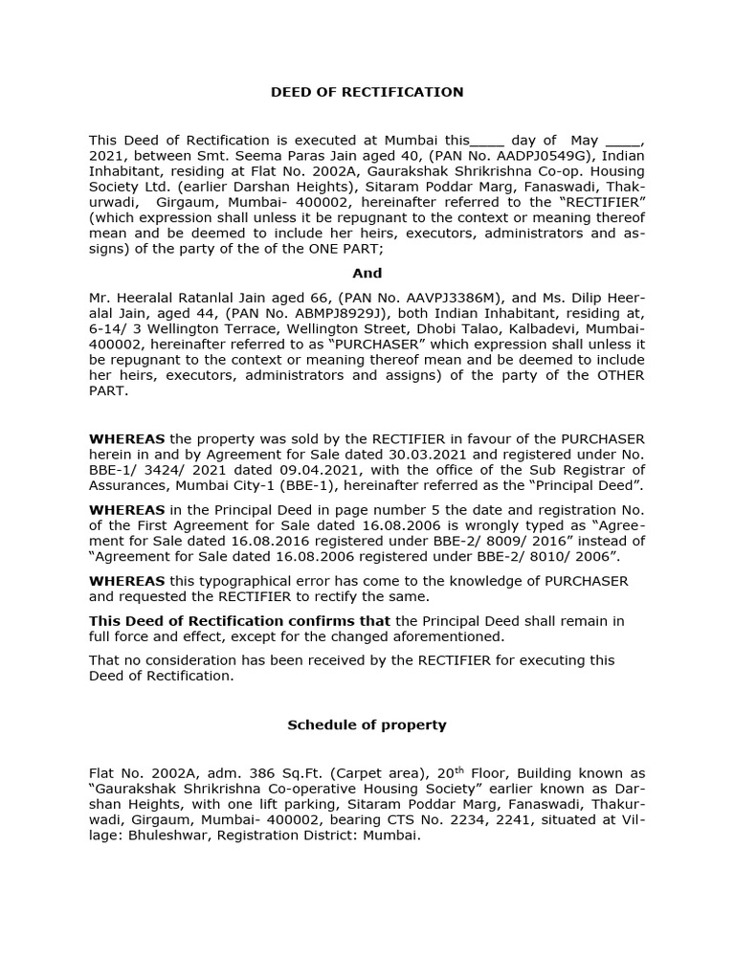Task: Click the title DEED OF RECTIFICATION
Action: pos(367,92)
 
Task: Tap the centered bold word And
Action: pos(367,273)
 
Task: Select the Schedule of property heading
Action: pos(367,724)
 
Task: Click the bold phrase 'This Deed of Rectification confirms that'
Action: pos(239,621)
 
